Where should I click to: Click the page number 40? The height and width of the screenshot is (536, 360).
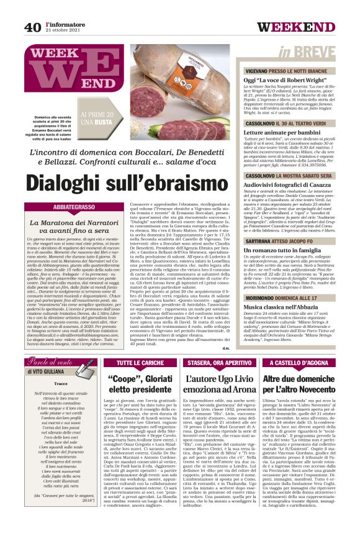point(32,27)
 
